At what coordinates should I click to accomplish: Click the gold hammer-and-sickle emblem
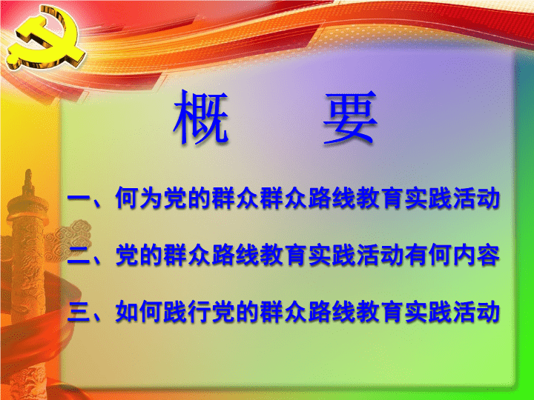pyautogui.click(x=46, y=38)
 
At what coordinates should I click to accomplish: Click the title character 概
pyautogui.click(x=201, y=117)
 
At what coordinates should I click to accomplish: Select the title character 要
pyautogui.click(x=350, y=117)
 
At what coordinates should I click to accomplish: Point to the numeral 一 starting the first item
pyautogui.click(x=79, y=198)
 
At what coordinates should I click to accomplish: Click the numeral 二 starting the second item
pyautogui.click(x=79, y=255)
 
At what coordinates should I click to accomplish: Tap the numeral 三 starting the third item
pyautogui.click(x=79, y=312)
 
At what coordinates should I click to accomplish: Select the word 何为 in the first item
pyautogui.click(x=138, y=198)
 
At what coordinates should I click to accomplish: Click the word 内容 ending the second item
pyautogui.click(x=476, y=255)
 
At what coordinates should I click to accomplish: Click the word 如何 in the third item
pyautogui.click(x=138, y=312)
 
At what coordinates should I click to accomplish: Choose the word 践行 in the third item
pyautogui.click(x=186, y=312)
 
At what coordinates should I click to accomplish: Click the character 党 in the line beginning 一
pyautogui.click(x=174, y=198)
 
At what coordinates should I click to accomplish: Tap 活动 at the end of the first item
pyautogui.click(x=476, y=198)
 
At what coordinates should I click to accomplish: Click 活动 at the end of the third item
pyautogui.click(x=476, y=312)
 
